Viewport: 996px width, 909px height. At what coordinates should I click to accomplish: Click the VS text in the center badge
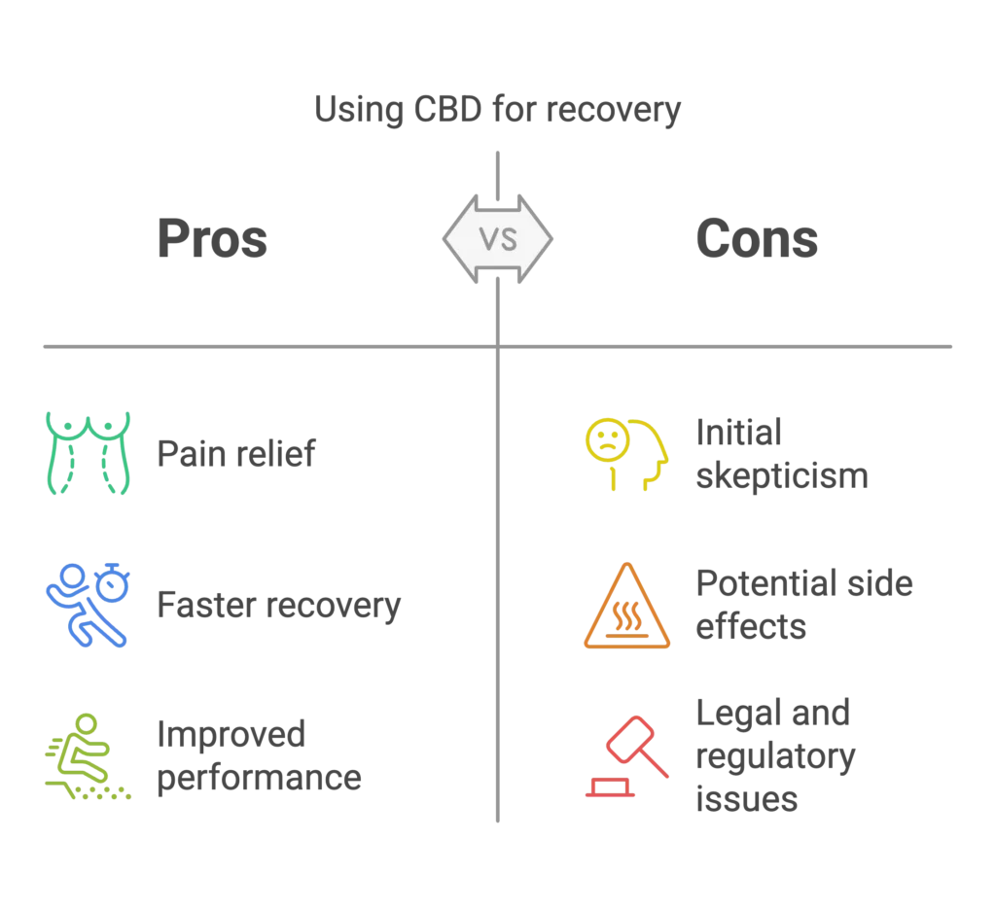point(498,239)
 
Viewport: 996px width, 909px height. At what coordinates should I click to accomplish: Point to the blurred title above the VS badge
point(497,112)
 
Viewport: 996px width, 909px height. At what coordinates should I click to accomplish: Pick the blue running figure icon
point(86,605)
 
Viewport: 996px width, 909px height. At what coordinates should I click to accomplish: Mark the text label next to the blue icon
point(278,606)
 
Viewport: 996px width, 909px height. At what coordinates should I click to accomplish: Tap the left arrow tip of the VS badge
point(444,239)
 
